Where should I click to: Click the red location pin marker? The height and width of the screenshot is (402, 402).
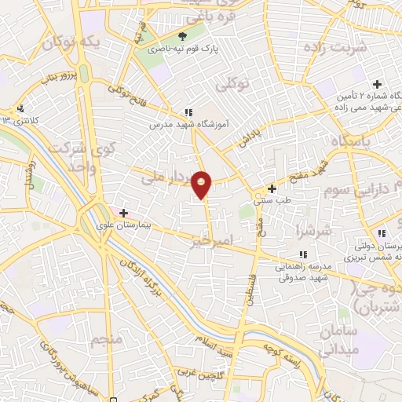point(203,184)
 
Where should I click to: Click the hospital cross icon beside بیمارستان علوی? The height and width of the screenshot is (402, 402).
point(123,213)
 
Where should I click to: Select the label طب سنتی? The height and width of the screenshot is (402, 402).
point(272,200)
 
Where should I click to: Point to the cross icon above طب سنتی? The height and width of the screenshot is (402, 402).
point(272,188)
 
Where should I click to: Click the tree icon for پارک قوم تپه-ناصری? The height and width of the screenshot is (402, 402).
point(183,36)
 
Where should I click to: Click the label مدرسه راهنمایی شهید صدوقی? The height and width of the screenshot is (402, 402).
point(303,271)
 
